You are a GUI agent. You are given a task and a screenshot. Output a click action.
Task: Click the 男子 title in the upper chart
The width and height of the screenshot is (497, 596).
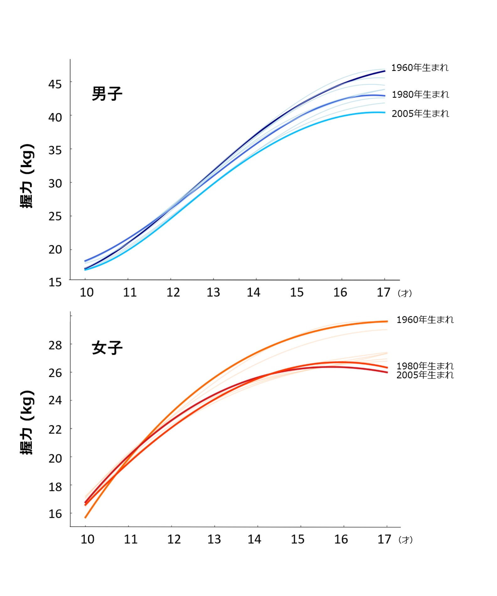pyautogui.click(x=107, y=93)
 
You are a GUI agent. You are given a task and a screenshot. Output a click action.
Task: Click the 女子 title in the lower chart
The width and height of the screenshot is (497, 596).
pyautogui.click(x=107, y=348)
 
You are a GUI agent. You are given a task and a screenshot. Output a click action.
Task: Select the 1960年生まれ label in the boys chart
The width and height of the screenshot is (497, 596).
pyautogui.click(x=420, y=67)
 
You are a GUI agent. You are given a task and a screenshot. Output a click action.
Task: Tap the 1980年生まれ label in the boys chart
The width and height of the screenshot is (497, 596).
pyautogui.click(x=420, y=94)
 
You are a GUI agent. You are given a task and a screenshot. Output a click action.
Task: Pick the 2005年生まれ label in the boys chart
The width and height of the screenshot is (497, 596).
pyautogui.click(x=420, y=113)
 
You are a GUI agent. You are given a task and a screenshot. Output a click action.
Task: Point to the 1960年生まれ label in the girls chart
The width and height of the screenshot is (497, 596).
pyautogui.click(x=425, y=320)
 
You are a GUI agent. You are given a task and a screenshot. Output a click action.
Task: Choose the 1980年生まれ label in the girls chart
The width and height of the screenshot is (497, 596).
pyautogui.click(x=425, y=366)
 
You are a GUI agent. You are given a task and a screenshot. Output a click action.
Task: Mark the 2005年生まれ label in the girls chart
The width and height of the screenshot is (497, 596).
pyautogui.click(x=425, y=375)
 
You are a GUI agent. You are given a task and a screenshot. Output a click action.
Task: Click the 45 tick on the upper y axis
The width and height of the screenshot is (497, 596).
pyautogui.click(x=55, y=84)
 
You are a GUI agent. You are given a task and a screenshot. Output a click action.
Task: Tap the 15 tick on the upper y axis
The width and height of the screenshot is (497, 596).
pyautogui.click(x=55, y=282)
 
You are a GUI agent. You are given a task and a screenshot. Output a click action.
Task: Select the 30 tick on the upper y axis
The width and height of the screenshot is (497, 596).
pyautogui.click(x=55, y=183)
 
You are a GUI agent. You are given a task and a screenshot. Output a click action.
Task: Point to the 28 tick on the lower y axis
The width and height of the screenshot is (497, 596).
pyautogui.click(x=55, y=345)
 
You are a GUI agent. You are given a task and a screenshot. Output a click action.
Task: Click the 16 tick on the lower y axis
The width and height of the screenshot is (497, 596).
pyautogui.click(x=55, y=514)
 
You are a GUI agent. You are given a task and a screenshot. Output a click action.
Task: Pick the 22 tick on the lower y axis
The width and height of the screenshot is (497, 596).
pyautogui.click(x=55, y=429)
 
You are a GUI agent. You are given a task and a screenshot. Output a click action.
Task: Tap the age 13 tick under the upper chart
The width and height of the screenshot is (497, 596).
pyautogui.click(x=213, y=292)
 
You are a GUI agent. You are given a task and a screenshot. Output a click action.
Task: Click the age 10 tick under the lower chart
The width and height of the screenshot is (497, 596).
pyautogui.click(x=87, y=539)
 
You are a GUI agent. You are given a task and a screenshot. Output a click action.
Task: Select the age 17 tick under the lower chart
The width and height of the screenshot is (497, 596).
pyautogui.click(x=384, y=539)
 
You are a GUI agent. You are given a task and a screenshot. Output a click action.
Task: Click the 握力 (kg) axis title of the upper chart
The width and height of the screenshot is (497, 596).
pyautogui.click(x=27, y=176)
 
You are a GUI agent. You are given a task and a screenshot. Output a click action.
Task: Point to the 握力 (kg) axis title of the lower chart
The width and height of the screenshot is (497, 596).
pyautogui.click(x=27, y=423)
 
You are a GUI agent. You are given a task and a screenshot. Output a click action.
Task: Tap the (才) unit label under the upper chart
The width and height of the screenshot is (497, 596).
pyautogui.click(x=405, y=293)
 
